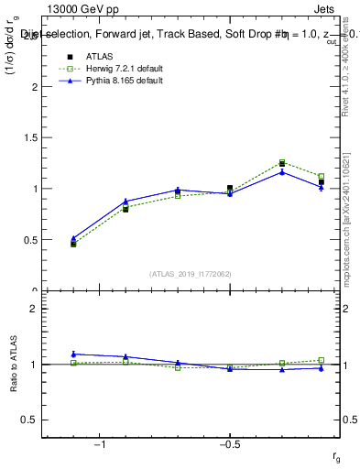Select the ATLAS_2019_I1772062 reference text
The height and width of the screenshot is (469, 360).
[191, 273]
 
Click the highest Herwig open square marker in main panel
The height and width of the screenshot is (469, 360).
[282, 162]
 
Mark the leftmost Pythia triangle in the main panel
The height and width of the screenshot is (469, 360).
[73, 238]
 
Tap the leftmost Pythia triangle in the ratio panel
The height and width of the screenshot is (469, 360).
[73, 354]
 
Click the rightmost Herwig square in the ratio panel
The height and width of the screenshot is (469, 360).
[321, 360]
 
